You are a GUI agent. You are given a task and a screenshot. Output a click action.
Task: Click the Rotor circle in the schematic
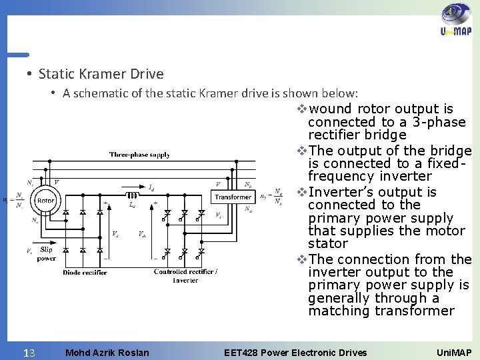[45, 200]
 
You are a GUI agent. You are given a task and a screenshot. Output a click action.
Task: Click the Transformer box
[233, 197]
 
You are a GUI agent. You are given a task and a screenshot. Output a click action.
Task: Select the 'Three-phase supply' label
[139, 155]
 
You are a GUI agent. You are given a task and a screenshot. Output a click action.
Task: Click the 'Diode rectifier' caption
[85, 272]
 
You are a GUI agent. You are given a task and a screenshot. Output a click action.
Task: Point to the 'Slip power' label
[46, 254]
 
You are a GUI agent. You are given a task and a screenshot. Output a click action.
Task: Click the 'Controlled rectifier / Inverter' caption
[185, 275]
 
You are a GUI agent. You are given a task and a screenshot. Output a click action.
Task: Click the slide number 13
[29, 351]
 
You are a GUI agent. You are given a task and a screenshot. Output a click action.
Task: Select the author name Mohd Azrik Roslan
[107, 351]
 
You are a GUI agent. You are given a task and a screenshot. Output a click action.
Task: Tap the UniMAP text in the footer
[453, 351]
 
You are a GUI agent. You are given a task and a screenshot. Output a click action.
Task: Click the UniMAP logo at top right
[456, 22]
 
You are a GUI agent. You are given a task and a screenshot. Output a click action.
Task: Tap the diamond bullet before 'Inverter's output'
[301, 192]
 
